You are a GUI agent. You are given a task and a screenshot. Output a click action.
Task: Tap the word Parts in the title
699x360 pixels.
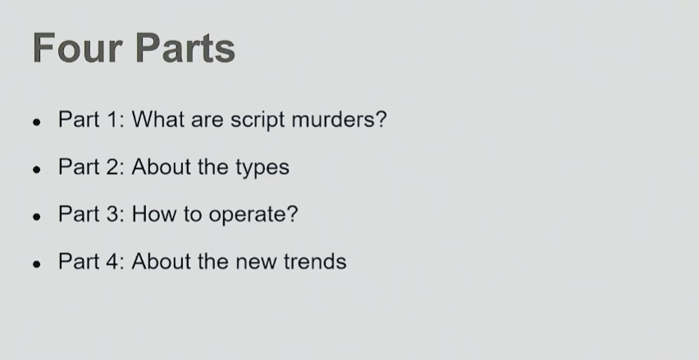[x=185, y=48]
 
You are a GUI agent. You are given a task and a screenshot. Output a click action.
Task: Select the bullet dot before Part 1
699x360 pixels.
[x=37, y=122]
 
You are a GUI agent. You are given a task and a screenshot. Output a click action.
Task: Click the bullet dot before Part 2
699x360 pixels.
[x=37, y=169]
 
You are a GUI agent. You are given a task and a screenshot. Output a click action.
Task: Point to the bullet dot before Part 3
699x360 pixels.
[x=37, y=216]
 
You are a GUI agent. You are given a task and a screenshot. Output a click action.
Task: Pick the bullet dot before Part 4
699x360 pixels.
[x=37, y=264]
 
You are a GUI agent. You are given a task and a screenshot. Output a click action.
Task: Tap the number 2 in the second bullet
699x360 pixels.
[x=113, y=166]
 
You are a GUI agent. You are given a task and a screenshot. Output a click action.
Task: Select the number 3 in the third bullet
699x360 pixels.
[x=113, y=214]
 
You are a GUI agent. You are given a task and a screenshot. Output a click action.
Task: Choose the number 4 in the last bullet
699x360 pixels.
[x=113, y=261]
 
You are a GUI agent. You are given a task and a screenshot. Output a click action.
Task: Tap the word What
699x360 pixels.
[x=158, y=120]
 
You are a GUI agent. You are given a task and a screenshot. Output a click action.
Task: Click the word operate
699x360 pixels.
[x=248, y=216]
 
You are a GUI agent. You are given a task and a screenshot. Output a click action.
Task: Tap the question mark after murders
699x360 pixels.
[x=381, y=120]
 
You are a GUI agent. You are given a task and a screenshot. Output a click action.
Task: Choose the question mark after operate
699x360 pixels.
[x=293, y=214]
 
